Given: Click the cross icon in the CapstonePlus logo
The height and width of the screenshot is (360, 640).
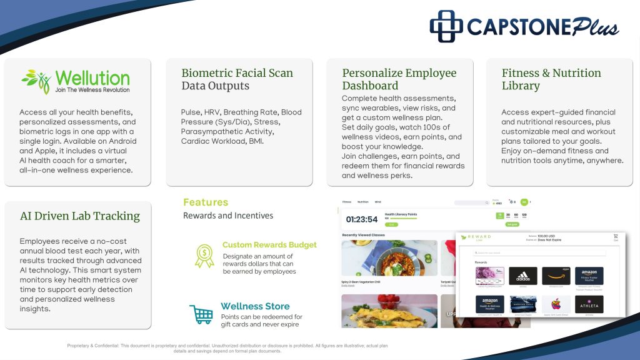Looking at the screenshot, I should pos(446,26).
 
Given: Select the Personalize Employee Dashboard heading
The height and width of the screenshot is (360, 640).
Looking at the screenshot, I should pos(399,79).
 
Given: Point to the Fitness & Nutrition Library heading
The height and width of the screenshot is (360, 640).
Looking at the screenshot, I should pos(551,79).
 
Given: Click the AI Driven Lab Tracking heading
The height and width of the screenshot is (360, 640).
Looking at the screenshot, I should pos(80,216).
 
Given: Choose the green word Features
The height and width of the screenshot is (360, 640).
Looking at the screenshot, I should pos(206,202).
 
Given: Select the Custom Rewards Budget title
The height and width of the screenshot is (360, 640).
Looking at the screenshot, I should pos(269,245).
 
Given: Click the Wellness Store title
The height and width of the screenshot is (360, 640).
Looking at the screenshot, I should pos(255,306).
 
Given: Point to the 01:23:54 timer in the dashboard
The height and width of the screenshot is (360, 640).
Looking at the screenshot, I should pos(362,219).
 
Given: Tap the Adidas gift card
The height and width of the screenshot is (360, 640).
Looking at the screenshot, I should pos(522,276).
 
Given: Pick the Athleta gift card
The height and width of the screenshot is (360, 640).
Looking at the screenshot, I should pos(589,304).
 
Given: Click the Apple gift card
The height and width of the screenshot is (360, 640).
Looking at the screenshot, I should pos(556,304).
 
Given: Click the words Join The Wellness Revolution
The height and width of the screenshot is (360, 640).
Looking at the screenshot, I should pos(92,90).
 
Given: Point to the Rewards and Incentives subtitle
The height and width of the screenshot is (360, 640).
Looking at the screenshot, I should pos(227,216).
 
